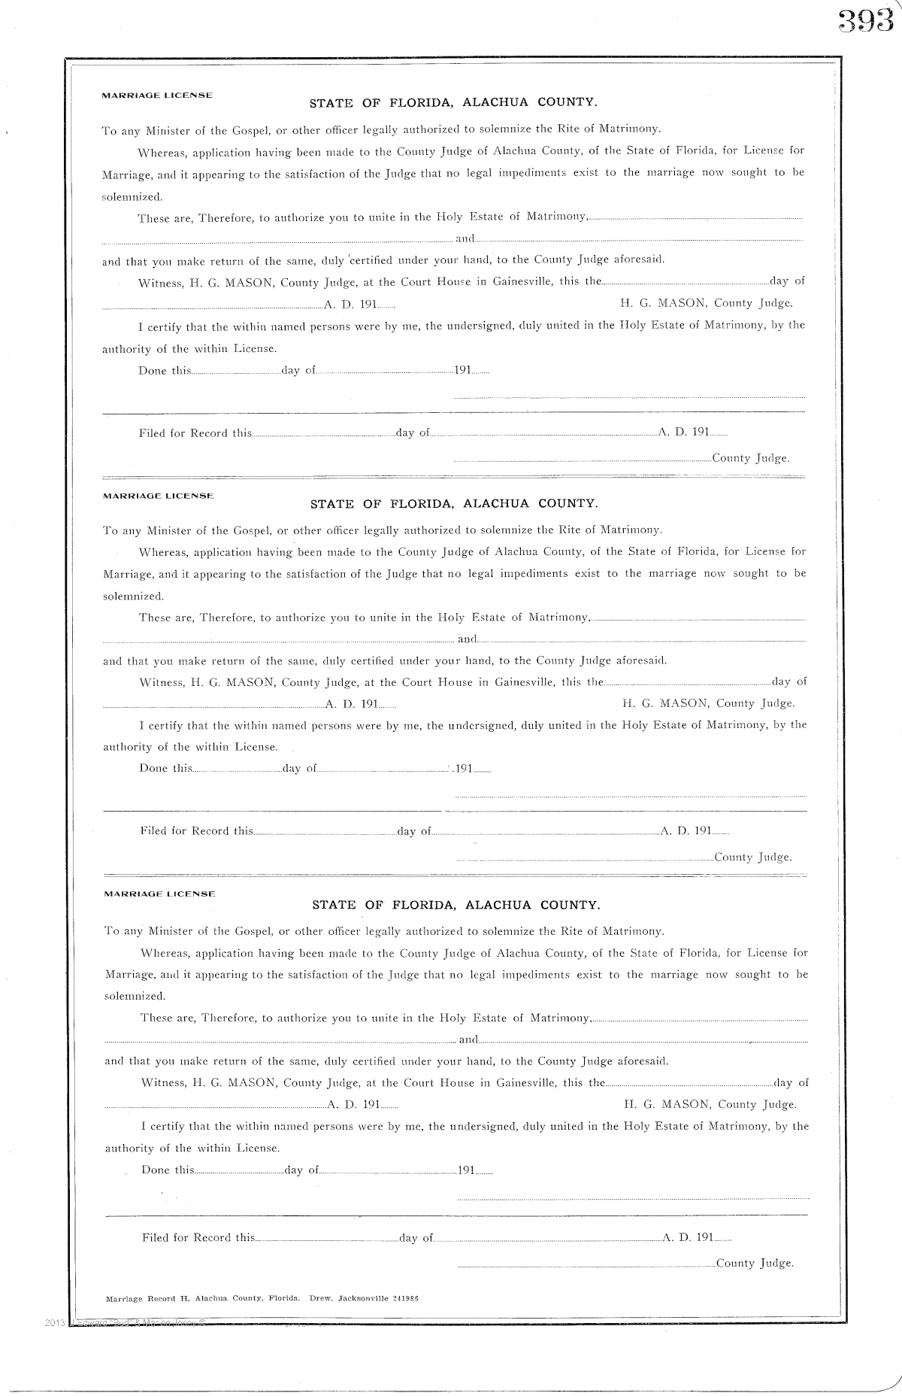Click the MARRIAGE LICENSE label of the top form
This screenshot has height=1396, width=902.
157,96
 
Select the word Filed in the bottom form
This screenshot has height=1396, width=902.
156,1237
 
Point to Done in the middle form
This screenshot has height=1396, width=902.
153,769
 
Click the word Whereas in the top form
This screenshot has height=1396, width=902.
162,151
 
